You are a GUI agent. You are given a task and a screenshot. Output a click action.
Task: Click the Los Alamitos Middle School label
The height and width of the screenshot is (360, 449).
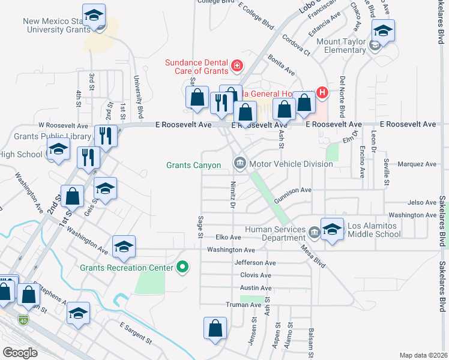click(374, 230)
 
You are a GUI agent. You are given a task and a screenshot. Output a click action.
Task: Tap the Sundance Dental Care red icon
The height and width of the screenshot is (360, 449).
click(238, 65)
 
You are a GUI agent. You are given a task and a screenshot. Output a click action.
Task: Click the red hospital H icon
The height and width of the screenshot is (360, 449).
click(322, 92)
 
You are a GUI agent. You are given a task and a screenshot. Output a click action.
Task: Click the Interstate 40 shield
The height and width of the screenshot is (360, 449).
click(23, 319)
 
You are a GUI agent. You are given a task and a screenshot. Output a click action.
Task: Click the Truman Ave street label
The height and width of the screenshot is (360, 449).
click(243, 305)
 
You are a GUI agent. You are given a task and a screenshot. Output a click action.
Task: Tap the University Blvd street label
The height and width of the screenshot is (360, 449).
click(139, 96)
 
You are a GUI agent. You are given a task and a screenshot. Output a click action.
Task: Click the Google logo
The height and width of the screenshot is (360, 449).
click(20, 352)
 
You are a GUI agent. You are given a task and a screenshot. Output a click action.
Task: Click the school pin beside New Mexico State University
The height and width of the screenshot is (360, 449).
click(94, 16)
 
